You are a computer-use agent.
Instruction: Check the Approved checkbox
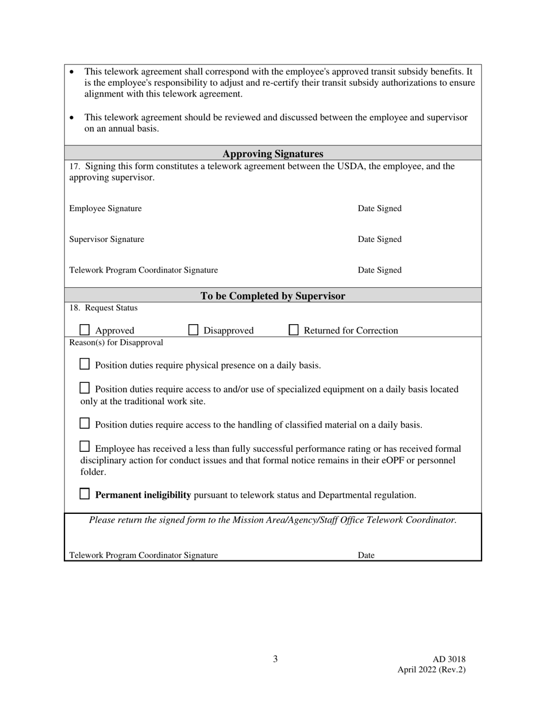pos(84,330)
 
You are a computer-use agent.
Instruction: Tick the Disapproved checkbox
pos(194,330)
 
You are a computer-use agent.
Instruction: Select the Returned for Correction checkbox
pos(294,330)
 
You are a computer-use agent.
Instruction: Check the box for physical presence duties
pos(84,364)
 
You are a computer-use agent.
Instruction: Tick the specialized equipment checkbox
pos(84,388)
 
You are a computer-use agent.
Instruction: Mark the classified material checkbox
pos(84,424)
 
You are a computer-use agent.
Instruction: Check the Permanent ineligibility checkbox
pos(84,494)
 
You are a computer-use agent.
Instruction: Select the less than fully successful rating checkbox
pos(84,447)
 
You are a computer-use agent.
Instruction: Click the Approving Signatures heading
pos(272,154)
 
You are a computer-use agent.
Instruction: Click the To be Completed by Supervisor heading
pos(272,296)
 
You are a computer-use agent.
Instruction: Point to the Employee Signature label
pos(105,209)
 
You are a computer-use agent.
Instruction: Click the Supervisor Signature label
pos(106,239)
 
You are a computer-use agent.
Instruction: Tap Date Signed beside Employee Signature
pos(379,209)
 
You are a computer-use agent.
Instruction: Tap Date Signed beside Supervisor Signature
pos(379,239)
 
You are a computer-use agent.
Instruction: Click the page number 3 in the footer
pos(275,659)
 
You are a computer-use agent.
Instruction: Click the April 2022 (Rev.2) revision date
pos(431,670)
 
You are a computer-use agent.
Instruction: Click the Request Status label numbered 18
pos(103,308)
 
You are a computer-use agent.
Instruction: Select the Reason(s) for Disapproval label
pos(116,343)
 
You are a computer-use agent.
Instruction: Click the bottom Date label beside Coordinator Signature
pos(366,555)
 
